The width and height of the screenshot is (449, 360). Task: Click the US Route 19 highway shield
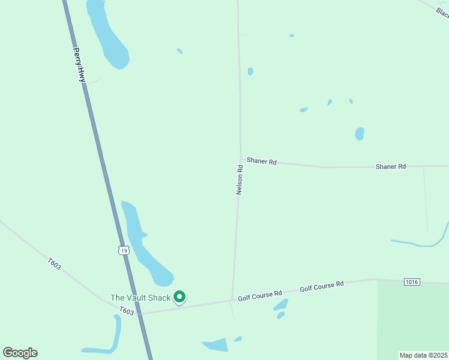pos(123,250)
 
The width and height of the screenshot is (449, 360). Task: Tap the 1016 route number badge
pos(412,281)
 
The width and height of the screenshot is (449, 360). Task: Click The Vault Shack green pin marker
pos(179,296)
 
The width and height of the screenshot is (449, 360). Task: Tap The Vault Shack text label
pos(140,297)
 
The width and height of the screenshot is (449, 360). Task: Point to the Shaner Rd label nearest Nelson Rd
pos(261,162)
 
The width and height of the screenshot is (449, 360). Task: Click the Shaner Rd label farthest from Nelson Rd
pos(391,166)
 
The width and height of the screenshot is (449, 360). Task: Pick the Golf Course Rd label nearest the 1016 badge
pos(322,287)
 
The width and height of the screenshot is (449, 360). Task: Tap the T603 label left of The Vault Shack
pos(126,310)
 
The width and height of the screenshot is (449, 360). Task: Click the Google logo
pos(20,353)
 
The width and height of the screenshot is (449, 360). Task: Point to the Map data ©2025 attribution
pos(423,355)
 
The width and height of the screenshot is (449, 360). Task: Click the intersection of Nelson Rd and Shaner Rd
pos(241,159)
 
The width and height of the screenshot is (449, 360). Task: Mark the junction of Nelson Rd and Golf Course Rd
pos(232,300)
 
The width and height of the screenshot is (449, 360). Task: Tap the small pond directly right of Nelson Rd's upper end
pos(250,71)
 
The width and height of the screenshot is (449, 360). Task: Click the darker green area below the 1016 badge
pos(412,321)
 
